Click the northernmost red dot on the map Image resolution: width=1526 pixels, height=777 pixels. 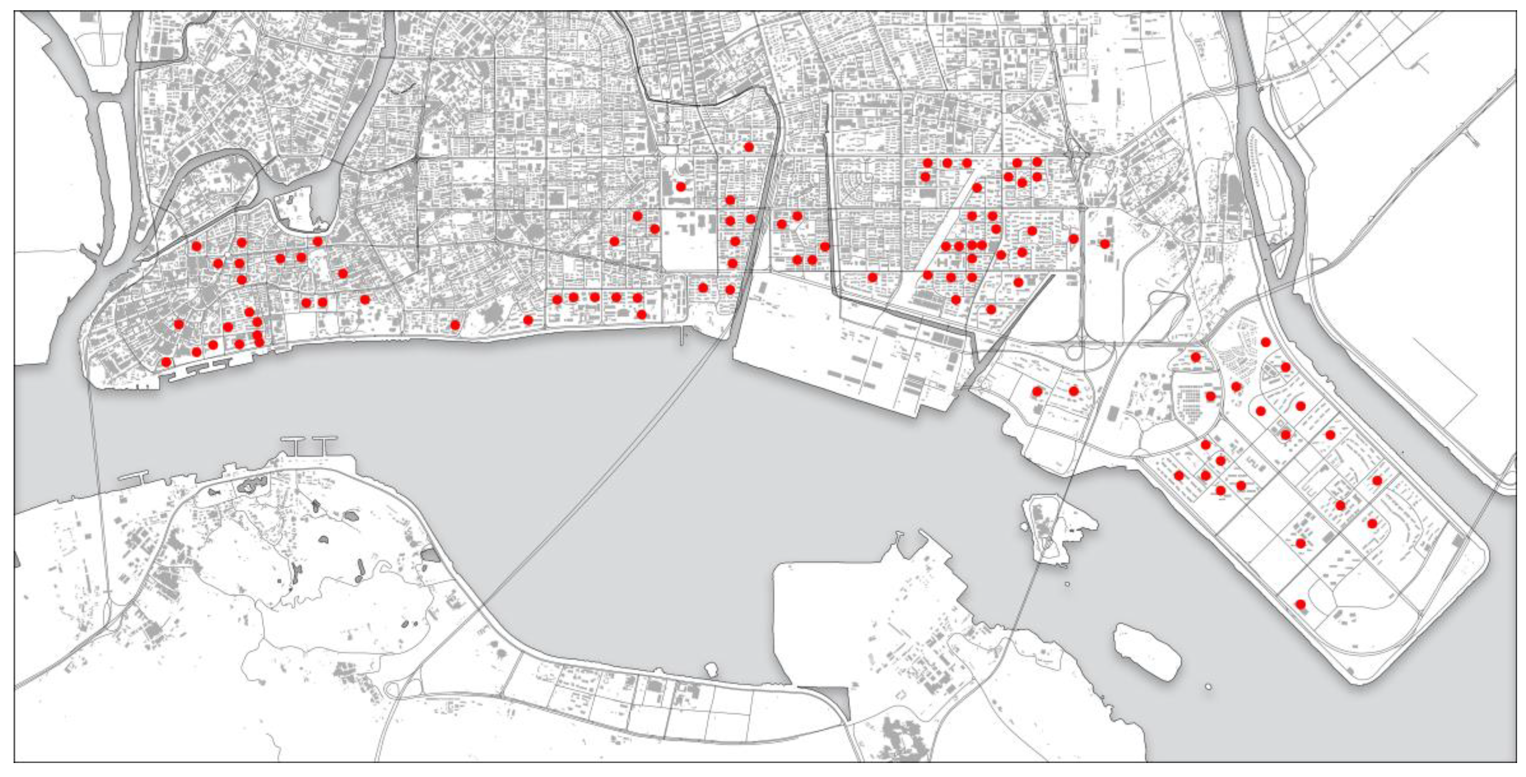[x=749, y=146]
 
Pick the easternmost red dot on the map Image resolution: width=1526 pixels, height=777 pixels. [x=1377, y=480]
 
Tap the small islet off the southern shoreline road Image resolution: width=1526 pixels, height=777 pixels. [x=711, y=669]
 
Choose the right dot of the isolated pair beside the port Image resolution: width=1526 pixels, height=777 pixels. [x=1073, y=391]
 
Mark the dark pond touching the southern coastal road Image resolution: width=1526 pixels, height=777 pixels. [x=430, y=556]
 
